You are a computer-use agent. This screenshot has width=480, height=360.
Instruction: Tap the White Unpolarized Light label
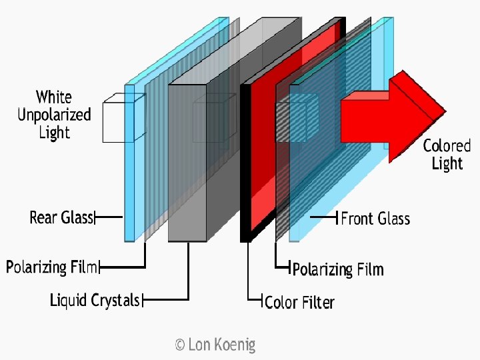coord(54,115)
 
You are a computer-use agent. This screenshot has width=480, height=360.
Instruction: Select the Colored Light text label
coord(447,155)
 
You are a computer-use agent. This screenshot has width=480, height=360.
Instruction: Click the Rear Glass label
coord(61,217)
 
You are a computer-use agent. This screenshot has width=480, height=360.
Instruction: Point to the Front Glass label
coord(375,218)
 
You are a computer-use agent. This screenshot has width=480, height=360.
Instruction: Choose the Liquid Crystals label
coord(95,300)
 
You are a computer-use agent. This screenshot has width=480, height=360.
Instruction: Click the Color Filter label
coord(299,302)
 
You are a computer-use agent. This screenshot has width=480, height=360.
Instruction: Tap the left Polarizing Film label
coord(52,267)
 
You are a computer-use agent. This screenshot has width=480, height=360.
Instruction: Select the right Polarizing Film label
coord(338,269)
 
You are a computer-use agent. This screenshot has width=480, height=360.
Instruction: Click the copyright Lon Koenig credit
coord(215,345)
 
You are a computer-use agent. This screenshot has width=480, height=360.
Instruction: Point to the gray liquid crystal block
coord(188,160)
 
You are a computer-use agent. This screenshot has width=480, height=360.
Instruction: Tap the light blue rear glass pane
coord(129,167)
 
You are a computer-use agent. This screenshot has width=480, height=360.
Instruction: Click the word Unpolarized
coord(54,115)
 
